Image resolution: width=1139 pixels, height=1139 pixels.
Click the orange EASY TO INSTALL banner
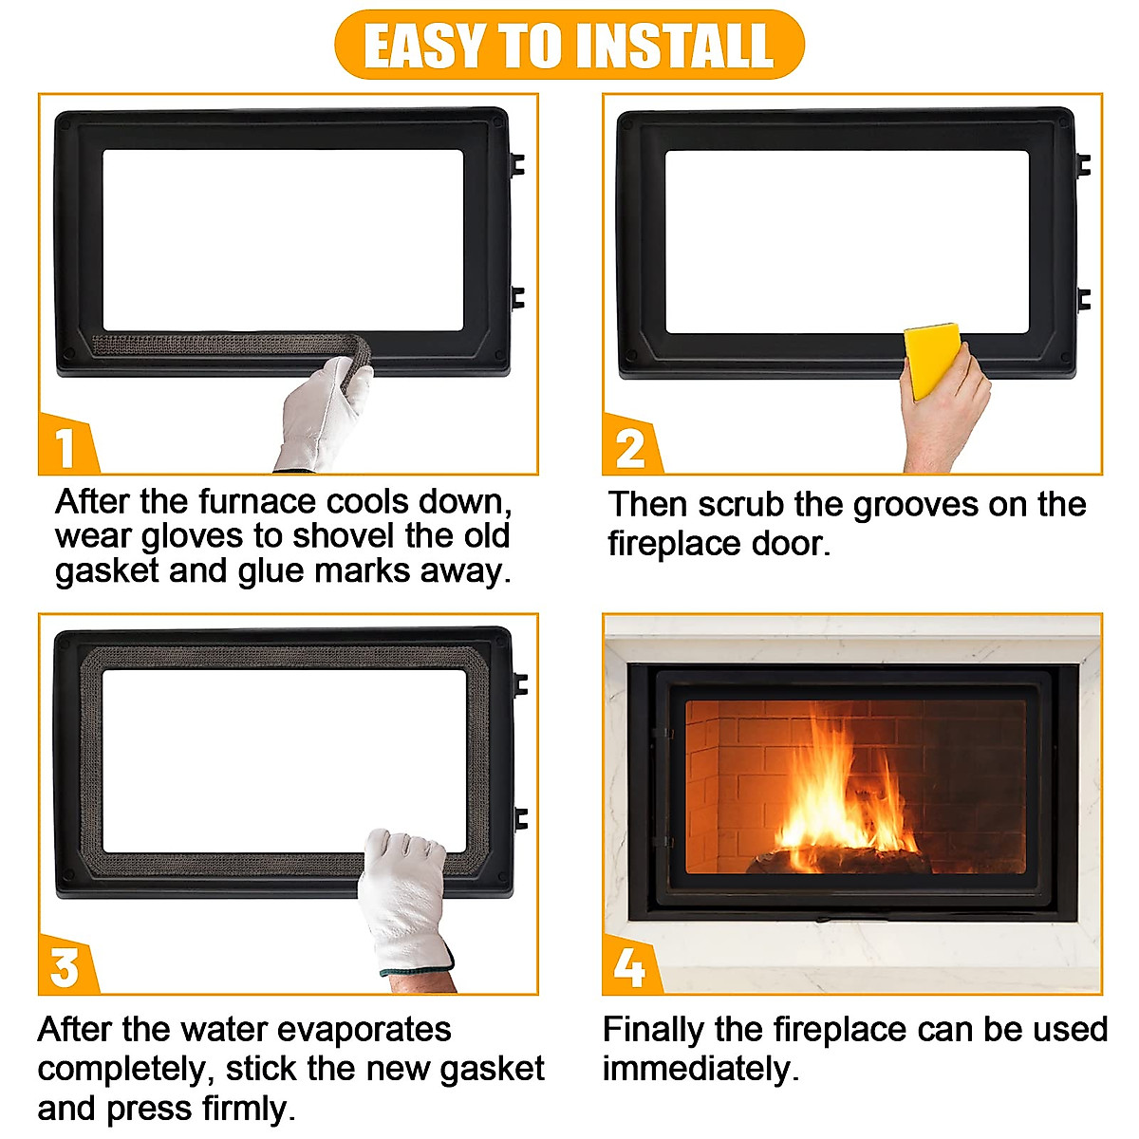569,45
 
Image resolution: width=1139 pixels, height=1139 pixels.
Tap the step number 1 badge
66,444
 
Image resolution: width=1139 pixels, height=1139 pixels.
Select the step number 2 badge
630,444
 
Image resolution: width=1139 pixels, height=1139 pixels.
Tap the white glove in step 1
322,414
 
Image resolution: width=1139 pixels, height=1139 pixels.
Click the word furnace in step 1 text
258,502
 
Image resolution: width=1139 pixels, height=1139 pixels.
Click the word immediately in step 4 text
700,1070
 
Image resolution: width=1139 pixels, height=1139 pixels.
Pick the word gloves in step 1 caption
192,537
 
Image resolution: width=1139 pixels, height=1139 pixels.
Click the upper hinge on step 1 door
516,165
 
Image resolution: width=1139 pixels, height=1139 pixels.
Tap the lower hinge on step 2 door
1083,299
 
